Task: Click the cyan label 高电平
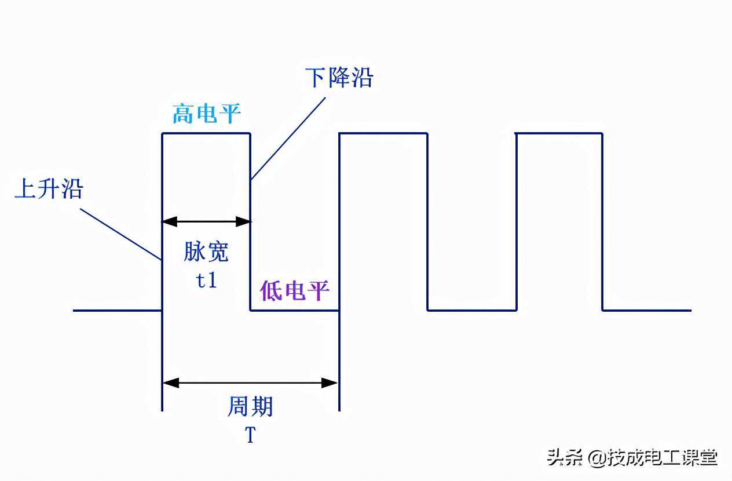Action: click(206, 114)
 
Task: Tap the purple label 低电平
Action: click(294, 290)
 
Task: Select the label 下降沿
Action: click(339, 78)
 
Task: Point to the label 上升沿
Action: click(49, 189)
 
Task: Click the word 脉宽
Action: click(206, 252)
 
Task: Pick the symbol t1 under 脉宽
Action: click(206, 280)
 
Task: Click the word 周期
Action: click(250, 407)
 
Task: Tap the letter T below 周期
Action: click(250, 435)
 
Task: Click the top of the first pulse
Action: click(206, 134)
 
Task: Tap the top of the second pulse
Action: click(383, 134)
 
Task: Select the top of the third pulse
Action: click(559, 134)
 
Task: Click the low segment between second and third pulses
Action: click(472, 310)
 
